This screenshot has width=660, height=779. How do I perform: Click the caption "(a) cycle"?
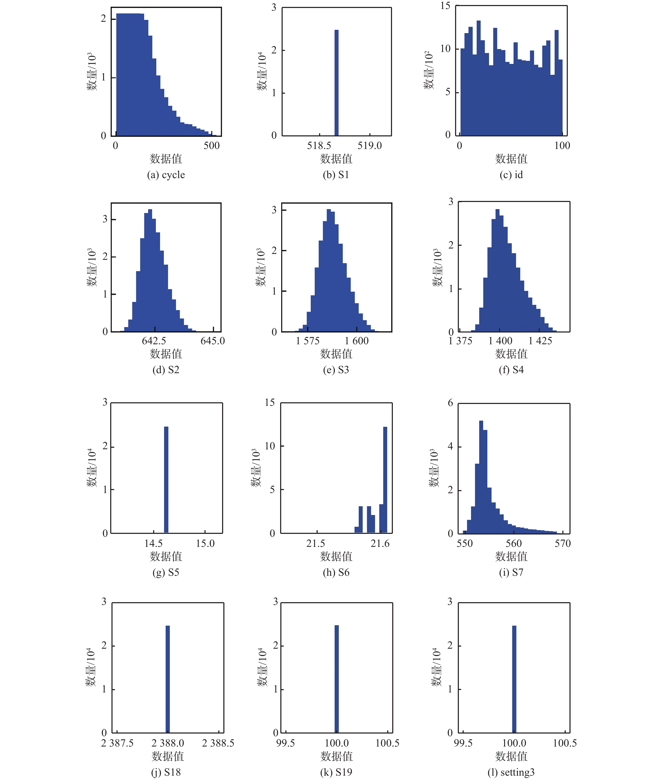[166, 175]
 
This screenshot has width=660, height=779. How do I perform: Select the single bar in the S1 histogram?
[336, 82]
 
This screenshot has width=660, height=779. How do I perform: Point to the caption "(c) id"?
[511, 175]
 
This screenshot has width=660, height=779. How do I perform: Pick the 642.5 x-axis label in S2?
[154, 341]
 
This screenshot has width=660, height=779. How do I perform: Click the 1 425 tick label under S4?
[540, 341]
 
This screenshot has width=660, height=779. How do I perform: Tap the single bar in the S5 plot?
[166, 479]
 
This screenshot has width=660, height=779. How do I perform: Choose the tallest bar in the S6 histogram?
[385, 479]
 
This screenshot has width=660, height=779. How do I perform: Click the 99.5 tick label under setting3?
[463, 743]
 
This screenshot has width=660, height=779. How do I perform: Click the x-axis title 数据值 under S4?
[511, 354]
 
